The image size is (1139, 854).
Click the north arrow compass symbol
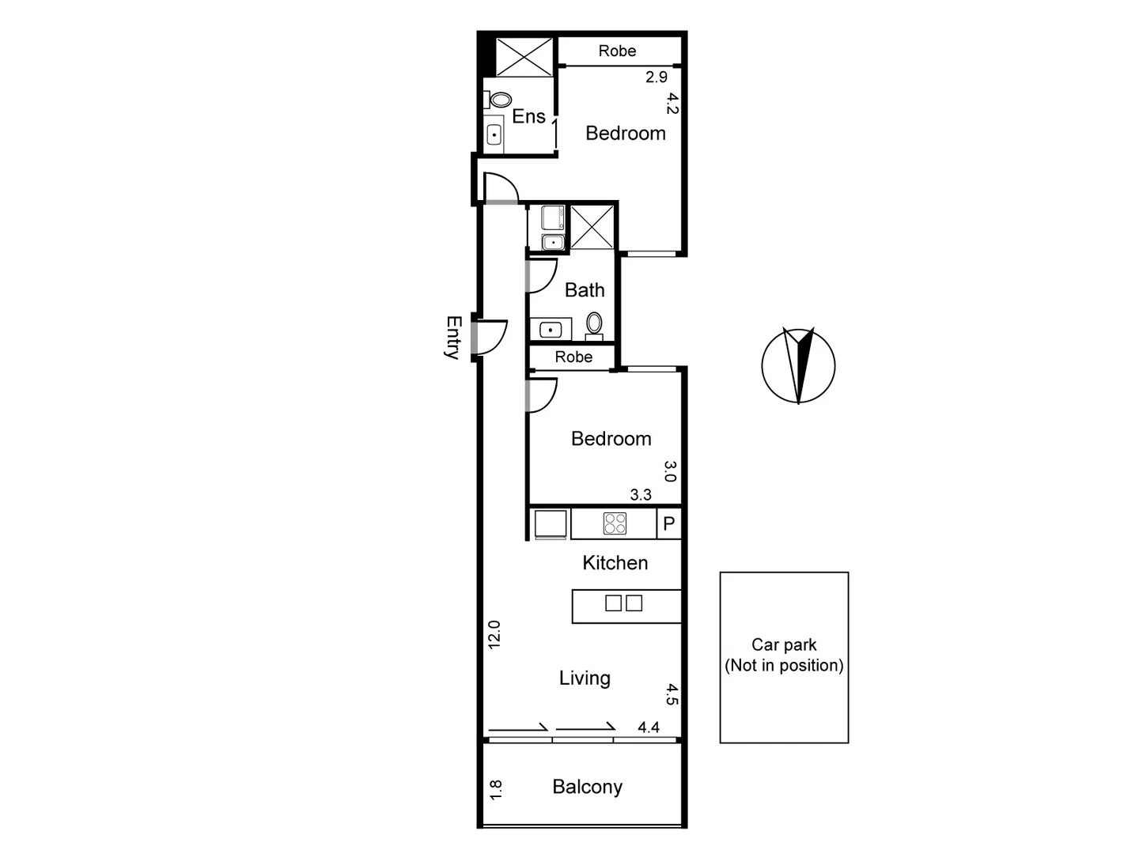(798, 365)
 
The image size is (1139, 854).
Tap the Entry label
(452, 338)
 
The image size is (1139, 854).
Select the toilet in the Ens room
(499, 100)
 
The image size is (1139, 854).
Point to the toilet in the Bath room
(594, 323)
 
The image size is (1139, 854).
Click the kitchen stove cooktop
(615, 523)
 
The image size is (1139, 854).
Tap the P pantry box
(668, 523)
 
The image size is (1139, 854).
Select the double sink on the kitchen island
(623, 603)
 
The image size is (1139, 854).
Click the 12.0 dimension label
(494, 634)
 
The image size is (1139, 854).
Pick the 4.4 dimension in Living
(649, 727)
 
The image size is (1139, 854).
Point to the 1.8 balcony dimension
(496, 789)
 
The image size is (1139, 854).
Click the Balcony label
(587, 787)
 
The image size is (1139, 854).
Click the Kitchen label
(615, 563)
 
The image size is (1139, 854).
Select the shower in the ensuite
(524, 56)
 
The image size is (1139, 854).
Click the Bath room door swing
(543, 276)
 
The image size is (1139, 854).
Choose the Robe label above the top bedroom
(617, 51)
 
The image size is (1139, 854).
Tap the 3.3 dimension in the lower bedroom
(641, 494)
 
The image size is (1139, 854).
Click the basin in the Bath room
(551, 330)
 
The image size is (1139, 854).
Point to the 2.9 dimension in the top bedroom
(657, 77)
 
